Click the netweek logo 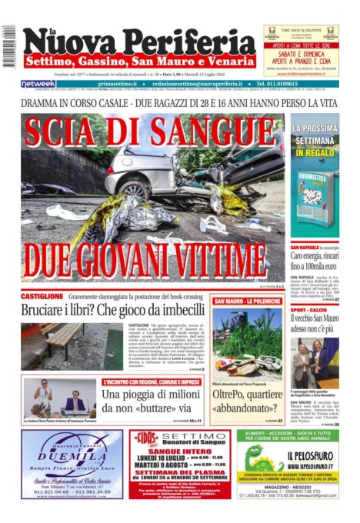click(x=38, y=84)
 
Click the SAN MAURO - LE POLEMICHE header click(x=245, y=301)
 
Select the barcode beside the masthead click(x=9, y=43)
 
